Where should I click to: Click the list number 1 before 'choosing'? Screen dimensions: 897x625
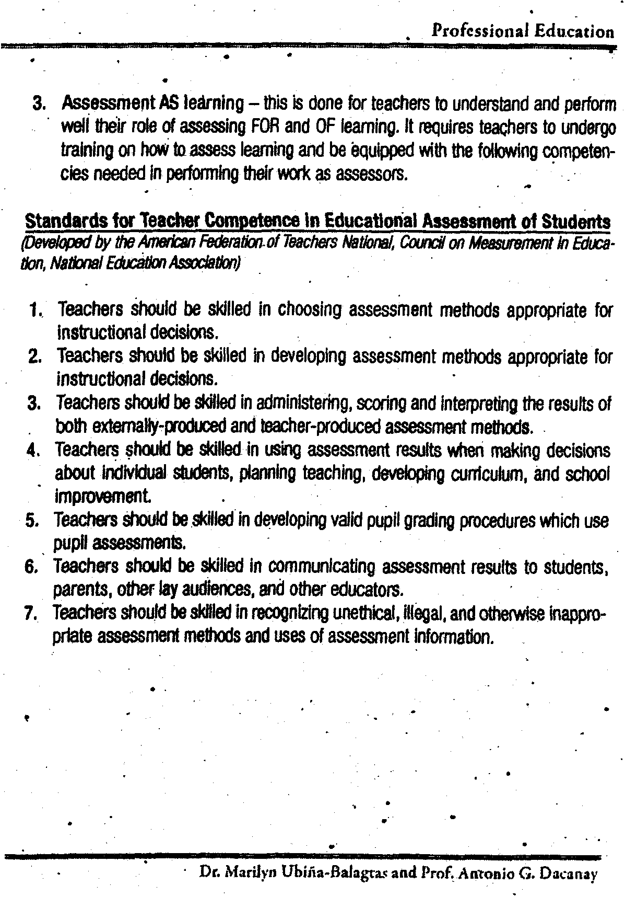click(35, 310)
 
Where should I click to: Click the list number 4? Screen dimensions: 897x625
click(34, 451)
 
